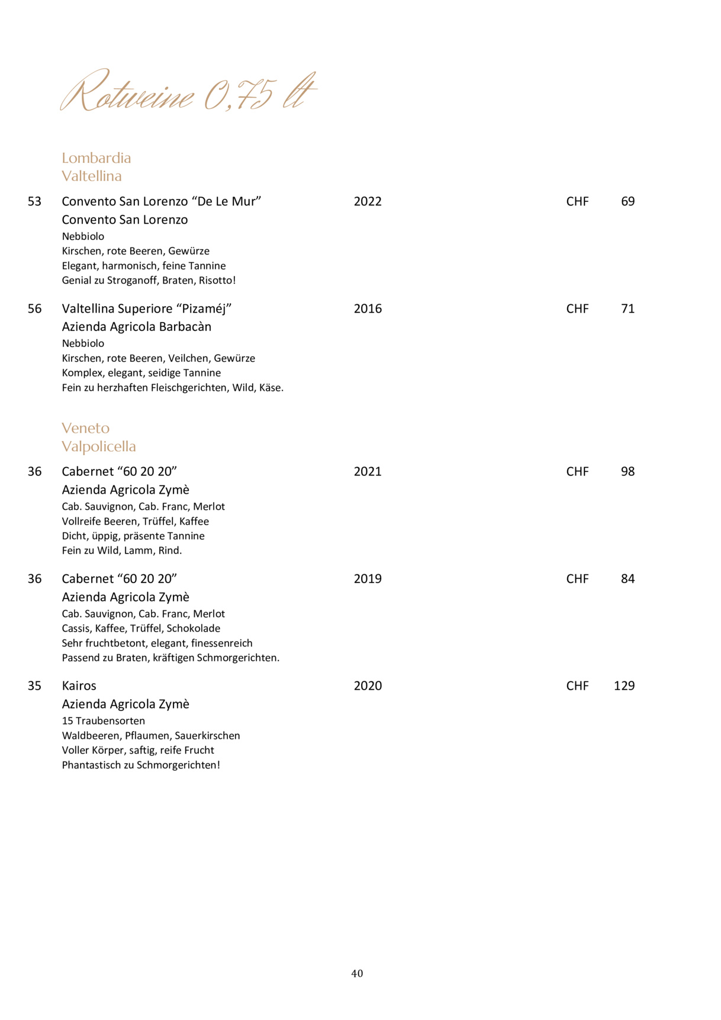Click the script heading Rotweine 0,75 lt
coord(188,92)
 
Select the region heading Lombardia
coord(96,158)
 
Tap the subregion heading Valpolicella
coord(98,446)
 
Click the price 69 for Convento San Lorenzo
coord(627,201)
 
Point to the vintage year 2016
coord(368,308)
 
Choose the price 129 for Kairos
coord(624,686)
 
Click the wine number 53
coord(34,201)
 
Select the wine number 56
coord(34,308)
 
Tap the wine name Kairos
coord(79,686)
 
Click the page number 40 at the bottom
coord(357,973)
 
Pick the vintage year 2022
coord(368,201)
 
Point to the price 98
coord(627,471)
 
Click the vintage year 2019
coord(368,578)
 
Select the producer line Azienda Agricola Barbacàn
coord(136,327)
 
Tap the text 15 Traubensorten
coord(103,720)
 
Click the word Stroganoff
coord(133,281)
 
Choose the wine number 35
coord(34,686)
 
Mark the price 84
coord(627,578)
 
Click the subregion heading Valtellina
coord(91,176)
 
